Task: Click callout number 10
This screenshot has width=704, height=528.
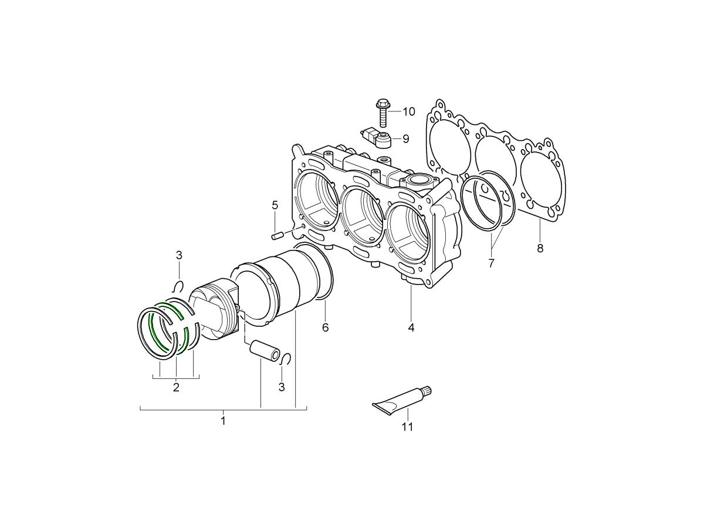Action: click(408, 111)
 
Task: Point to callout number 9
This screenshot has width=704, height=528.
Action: click(405, 139)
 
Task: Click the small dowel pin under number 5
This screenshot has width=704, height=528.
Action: click(277, 236)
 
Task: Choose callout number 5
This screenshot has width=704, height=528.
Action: click(275, 205)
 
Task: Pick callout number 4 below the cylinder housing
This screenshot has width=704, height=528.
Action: click(411, 327)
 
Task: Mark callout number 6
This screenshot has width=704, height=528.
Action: click(325, 327)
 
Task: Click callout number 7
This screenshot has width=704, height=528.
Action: click(491, 263)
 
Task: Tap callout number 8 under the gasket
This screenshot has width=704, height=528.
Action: click(540, 248)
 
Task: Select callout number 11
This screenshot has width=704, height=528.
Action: click(407, 427)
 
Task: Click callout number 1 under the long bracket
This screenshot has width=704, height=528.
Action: click(223, 421)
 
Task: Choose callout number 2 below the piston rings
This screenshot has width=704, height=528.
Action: click(176, 387)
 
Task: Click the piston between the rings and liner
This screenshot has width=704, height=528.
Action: click(214, 308)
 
